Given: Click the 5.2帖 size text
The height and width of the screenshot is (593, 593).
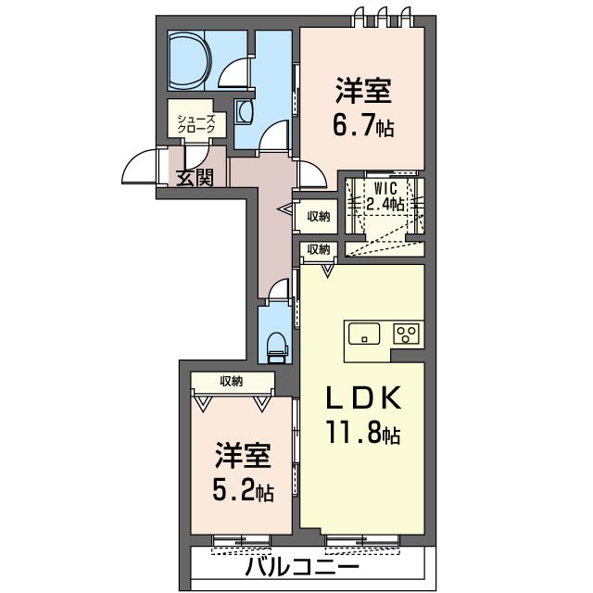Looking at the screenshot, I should click(x=245, y=488).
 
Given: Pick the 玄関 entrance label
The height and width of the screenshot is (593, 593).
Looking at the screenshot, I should click(x=195, y=176).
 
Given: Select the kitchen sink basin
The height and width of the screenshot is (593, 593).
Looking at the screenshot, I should click(x=365, y=334).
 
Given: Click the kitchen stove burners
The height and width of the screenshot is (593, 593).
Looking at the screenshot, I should click(x=407, y=334).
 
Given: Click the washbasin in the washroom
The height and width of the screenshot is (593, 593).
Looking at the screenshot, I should click(x=245, y=112).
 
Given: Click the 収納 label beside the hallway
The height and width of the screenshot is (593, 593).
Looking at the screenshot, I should click(x=318, y=217).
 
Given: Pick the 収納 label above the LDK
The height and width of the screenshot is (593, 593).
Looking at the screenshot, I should click(x=318, y=249).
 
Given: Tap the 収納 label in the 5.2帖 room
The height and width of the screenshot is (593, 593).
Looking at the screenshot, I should click(x=232, y=381).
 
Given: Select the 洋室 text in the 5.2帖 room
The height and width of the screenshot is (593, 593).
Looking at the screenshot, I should click(x=244, y=456).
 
